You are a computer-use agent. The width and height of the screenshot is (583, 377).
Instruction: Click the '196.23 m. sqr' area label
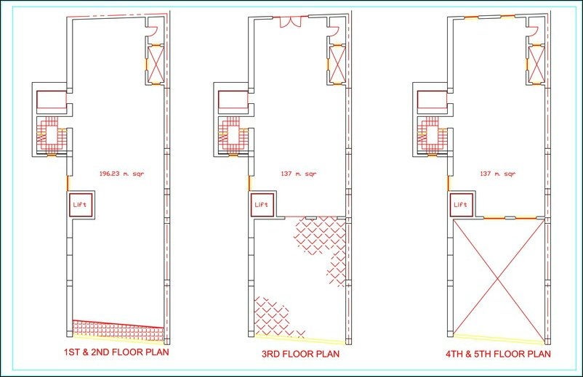pos(121,174)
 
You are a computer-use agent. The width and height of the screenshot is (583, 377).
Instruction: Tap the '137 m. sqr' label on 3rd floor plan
pos(299,174)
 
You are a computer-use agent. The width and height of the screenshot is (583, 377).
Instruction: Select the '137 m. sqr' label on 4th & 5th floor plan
pos(498,174)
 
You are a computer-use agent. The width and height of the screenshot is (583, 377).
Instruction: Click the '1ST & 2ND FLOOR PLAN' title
pos(116,352)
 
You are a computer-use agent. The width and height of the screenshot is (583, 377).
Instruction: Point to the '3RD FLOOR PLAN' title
pos(300,354)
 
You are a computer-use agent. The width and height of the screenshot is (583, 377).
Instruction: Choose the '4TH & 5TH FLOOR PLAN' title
pos(498,354)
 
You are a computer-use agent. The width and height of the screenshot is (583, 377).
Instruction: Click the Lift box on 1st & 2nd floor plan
pos(80,205)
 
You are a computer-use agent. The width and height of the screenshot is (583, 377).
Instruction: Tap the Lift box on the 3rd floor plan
pos(262,205)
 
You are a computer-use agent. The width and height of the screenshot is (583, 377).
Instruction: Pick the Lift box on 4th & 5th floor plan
pos(461,205)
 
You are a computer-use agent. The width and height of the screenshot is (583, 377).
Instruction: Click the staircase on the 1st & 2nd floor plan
pos(51,134)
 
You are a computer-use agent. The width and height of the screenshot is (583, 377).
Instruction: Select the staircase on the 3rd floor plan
pos(233,134)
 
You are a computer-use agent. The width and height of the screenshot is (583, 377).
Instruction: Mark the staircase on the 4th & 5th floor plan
pos(432,134)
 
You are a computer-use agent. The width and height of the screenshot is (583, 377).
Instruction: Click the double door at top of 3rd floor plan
pos(290,22)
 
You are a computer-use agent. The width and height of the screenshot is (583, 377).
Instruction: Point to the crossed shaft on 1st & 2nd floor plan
pos(156,64)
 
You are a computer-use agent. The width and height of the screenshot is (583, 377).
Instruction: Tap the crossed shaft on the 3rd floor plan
pos(337,64)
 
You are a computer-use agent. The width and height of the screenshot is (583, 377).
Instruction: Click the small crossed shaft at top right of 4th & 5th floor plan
pos(536,64)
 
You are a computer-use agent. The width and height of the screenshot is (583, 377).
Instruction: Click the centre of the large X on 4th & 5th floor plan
pos(498,277)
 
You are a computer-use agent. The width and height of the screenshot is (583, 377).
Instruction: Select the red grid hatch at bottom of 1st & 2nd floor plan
pos(118,331)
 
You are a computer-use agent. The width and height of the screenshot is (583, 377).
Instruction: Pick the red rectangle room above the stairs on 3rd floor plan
pos(233,100)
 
